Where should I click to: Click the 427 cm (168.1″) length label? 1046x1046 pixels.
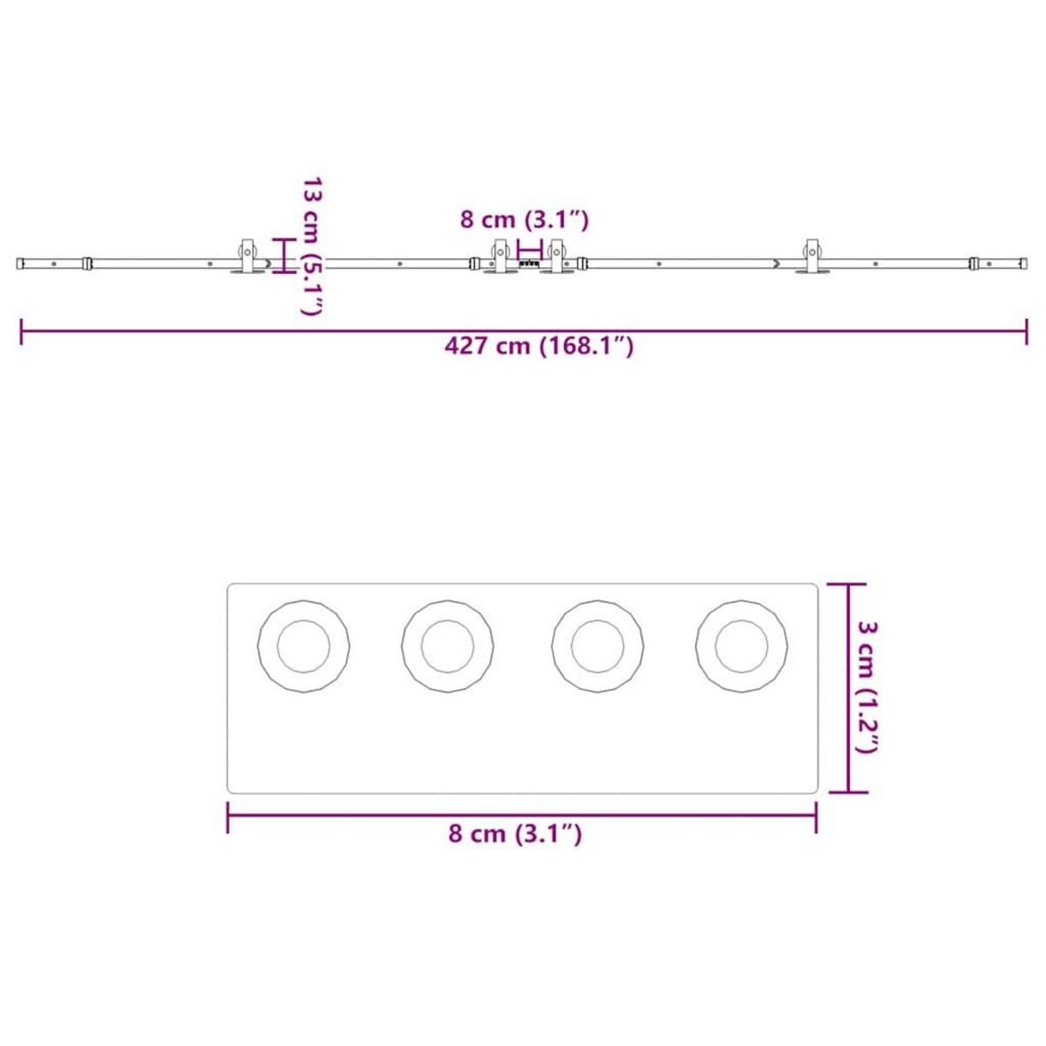(x=539, y=346)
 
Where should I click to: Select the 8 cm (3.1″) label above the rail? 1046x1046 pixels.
(x=525, y=220)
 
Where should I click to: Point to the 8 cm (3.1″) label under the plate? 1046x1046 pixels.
(x=514, y=834)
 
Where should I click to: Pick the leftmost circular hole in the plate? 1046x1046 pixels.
(x=304, y=647)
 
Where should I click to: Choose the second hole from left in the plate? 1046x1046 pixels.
(x=448, y=647)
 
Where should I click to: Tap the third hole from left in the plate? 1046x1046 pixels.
(x=598, y=647)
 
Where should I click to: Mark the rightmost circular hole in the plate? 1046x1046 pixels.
(x=742, y=647)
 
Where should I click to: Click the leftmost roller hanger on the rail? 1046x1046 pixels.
(x=248, y=257)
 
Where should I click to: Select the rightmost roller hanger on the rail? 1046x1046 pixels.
(x=813, y=257)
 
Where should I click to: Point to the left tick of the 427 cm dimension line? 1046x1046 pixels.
(x=22, y=331)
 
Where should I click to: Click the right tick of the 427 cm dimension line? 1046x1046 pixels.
(x=1027, y=331)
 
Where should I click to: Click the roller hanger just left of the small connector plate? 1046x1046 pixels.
(x=501, y=257)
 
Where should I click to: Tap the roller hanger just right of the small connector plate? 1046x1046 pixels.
(x=556, y=257)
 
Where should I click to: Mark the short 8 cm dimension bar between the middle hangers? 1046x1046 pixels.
(x=529, y=247)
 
